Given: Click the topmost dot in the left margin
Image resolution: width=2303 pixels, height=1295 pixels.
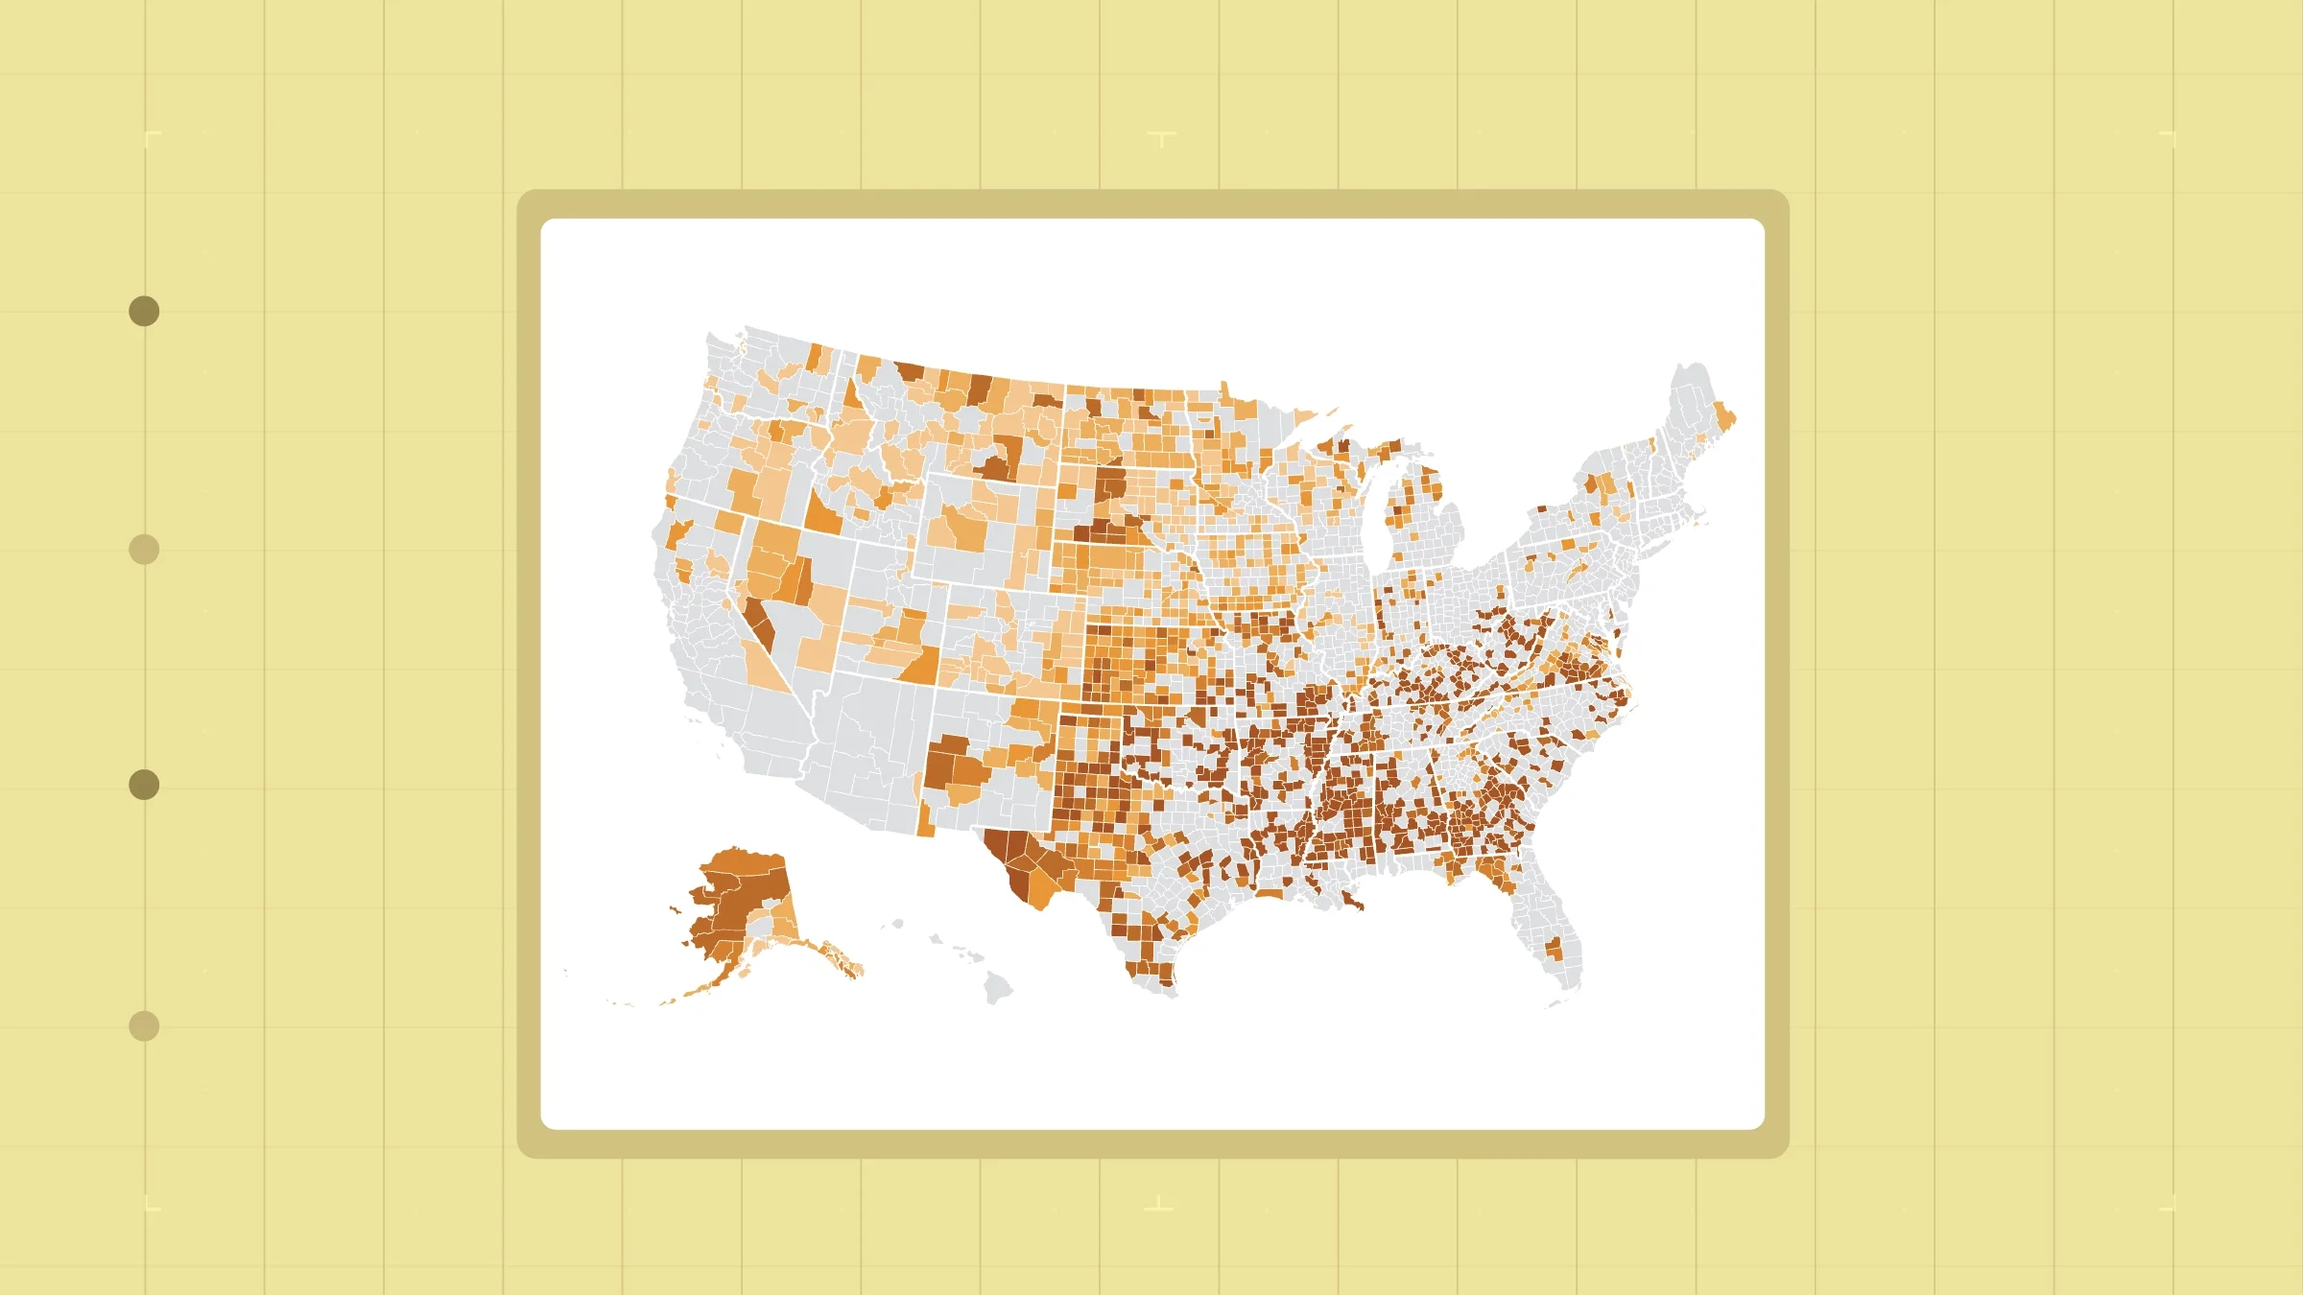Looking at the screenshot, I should [144, 311].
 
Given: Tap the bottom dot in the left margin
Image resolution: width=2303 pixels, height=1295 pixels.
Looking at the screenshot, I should [144, 1025].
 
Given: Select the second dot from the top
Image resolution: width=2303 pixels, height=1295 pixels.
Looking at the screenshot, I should [144, 550].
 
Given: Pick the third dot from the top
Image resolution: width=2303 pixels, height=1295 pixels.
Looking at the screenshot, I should [144, 785].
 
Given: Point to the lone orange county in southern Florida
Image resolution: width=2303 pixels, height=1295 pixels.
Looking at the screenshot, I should [1554, 950].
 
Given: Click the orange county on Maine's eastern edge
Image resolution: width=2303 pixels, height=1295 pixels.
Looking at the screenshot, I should [1725, 420].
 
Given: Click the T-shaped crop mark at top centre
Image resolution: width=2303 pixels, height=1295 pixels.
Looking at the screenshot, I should [1161, 138].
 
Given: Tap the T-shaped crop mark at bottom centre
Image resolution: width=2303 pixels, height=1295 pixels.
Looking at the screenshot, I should [1159, 1205].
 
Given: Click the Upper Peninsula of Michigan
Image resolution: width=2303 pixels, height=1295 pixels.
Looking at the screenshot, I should [1343, 451].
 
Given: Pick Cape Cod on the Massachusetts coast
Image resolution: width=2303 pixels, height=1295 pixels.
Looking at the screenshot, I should [1700, 519].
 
